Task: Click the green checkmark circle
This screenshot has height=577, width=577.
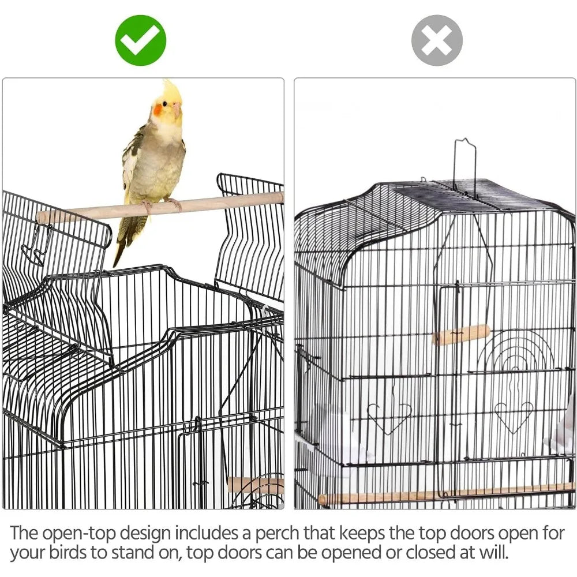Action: pyautogui.click(x=141, y=40)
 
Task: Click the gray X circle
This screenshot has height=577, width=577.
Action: pyautogui.click(x=437, y=40)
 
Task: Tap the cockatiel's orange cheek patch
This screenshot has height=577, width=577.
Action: pyautogui.click(x=159, y=110)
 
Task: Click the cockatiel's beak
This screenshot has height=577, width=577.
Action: pyautogui.click(x=177, y=108)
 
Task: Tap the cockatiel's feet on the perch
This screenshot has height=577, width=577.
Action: pyautogui.click(x=162, y=205)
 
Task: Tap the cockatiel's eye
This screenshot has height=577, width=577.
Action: pyautogui.click(x=165, y=104)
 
